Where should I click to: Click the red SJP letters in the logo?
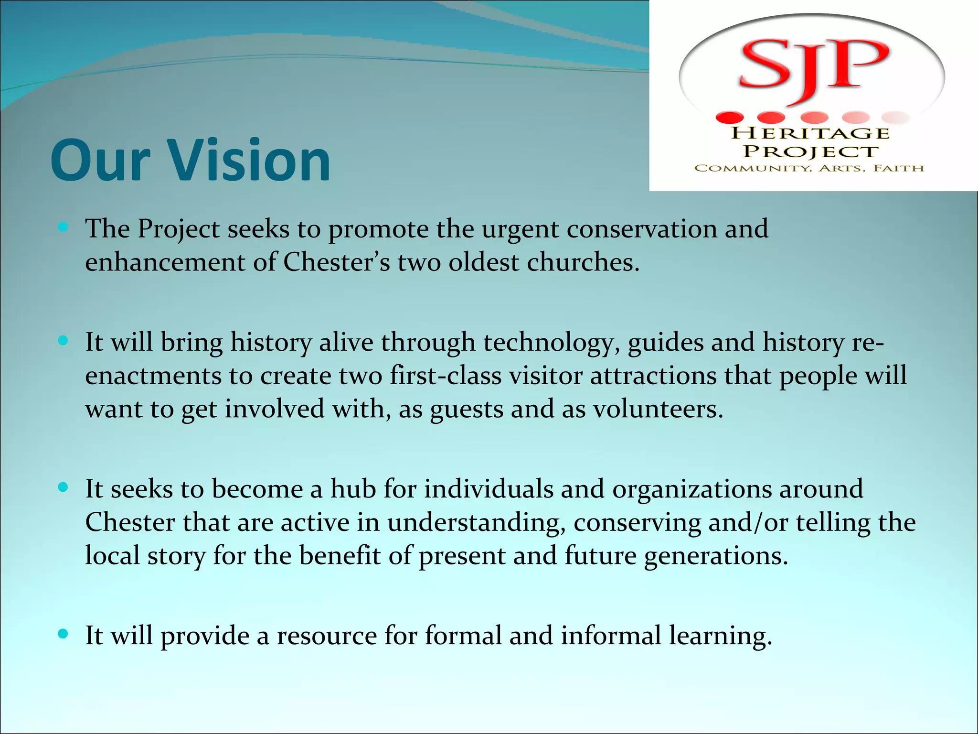[x=812, y=67]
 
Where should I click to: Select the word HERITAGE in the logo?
[x=811, y=133]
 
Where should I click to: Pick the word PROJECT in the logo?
[x=811, y=151]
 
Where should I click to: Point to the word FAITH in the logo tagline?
[x=899, y=168]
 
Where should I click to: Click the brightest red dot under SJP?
[x=730, y=118]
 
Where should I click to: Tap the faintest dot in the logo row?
[x=897, y=118]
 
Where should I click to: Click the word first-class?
[x=445, y=376]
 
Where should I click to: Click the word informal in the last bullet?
[x=611, y=636]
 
